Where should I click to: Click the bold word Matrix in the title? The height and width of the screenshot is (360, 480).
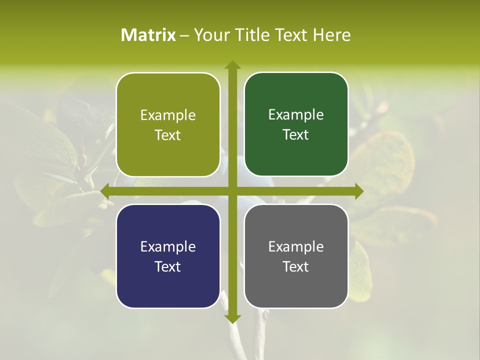point(148,35)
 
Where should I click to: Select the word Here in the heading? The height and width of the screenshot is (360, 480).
point(331,35)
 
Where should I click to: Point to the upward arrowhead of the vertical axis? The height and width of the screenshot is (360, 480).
point(232,64)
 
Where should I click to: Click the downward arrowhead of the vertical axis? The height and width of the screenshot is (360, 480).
point(232,318)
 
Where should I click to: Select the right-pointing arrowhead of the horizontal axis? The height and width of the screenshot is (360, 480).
point(359,191)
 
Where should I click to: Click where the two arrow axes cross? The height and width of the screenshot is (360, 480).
point(232,191)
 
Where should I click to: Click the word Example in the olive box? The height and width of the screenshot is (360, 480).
point(168,115)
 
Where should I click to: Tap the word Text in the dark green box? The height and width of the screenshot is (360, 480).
point(296,134)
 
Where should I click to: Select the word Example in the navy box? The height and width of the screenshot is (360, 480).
point(168,247)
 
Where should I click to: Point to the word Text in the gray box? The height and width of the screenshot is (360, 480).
point(296,266)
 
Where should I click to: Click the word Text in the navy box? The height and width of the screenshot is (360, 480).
point(168,266)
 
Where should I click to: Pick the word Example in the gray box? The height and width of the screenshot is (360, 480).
point(296,247)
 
